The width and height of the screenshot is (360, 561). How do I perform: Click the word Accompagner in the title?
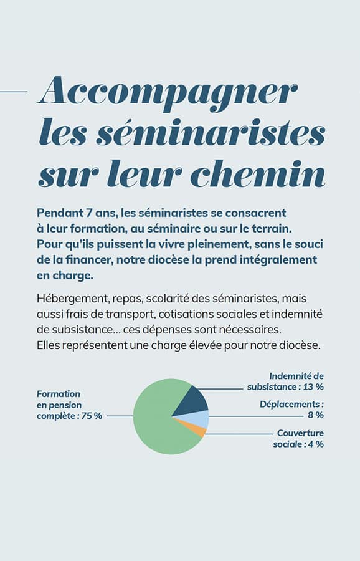pos(168,92)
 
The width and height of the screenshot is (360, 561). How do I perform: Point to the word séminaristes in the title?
pos(211,132)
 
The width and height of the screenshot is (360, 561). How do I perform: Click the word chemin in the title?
pos(257,173)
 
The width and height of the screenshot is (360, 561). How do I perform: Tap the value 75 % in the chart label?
pos(92,416)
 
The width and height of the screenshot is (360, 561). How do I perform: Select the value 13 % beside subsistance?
pos(313,386)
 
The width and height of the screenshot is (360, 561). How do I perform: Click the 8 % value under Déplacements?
pos(316,415)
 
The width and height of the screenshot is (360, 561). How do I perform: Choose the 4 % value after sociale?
pos(316,444)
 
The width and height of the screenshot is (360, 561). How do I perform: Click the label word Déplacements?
pos(290,405)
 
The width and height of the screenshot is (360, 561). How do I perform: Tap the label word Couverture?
pos(300,433)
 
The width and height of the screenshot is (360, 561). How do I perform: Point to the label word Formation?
pos(59,394)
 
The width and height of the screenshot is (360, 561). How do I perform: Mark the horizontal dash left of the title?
pos(14,92)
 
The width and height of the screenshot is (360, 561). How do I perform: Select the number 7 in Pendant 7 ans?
pos(88,213)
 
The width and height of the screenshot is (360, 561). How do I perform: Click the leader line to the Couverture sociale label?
pos(239,434)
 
